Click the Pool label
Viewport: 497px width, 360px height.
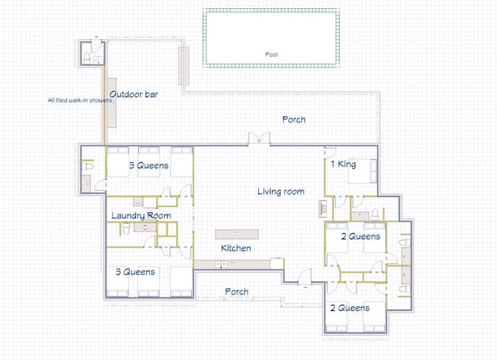point(271,54)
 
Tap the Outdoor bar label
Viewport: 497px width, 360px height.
point(134,94)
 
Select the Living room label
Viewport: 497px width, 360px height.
point(281,191)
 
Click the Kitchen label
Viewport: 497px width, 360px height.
point(236,248)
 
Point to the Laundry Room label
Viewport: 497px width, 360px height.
point(141,216)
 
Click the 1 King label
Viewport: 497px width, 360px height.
point(344,164)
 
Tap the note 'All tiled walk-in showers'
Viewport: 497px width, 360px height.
point(80,101)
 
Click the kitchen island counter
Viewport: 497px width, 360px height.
point(237,234)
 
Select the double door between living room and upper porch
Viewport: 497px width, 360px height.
point(259,139)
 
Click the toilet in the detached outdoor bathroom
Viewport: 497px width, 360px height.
point(87,58)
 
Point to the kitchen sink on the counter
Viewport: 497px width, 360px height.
point(221,263)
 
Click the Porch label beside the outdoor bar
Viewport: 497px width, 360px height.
point(294,119)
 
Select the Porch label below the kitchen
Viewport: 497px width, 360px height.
point(237,291)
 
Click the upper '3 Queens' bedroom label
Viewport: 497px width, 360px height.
point(148,165)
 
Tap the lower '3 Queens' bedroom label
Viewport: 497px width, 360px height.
point(135,272)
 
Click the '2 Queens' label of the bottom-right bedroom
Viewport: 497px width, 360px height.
point(350,308)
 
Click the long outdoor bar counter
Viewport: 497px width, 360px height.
point(111,103)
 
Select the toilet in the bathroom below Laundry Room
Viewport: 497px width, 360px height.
point(126,228)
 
